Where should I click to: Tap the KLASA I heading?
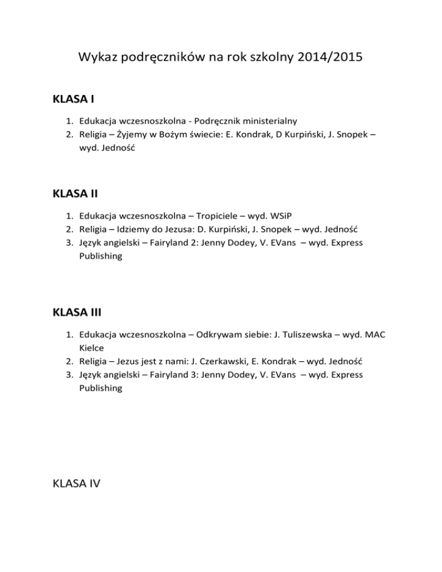[73, 100]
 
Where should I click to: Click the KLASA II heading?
[75, 194]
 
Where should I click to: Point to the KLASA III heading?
[78, 313]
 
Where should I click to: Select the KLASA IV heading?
[76, 484]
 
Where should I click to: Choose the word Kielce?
[92, 348]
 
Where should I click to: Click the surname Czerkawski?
[218, 361]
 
